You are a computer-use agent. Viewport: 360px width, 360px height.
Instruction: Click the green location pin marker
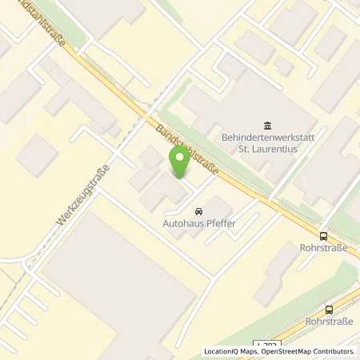click(179, 162)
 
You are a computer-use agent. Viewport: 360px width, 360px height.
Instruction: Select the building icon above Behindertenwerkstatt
click(266, 125)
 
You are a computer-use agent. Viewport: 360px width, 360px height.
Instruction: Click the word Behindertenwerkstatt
click(265, 137)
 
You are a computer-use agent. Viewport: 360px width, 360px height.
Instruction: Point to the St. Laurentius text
click(266, 149)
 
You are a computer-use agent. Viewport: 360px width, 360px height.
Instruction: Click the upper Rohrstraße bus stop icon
click(323, 236)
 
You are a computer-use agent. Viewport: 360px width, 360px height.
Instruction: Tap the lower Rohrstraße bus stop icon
click(329, 310)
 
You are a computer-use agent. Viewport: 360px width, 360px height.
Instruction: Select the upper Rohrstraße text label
click(323, 248)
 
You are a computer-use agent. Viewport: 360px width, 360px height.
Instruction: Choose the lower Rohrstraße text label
click(329, 322)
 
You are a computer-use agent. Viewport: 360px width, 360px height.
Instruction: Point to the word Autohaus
click(182, 225)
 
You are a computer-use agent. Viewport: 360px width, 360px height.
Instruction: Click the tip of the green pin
click(179, 177)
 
